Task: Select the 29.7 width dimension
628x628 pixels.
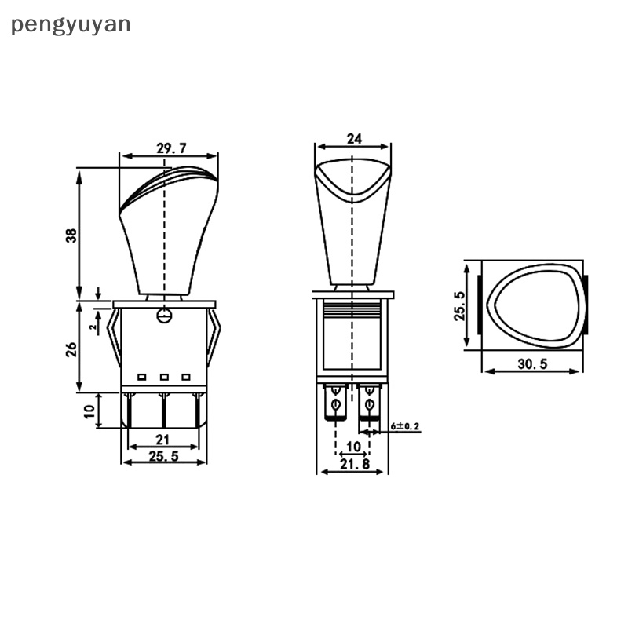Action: (x=165, y=148)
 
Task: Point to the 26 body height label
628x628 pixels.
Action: (x=70, y=347)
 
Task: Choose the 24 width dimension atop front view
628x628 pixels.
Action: (x=353, y=139)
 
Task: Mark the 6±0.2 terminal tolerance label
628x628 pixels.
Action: (x=406, y=426)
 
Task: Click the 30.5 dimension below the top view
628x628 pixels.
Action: (x=533, y=363)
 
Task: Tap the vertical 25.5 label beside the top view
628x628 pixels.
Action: (x=460, y=305)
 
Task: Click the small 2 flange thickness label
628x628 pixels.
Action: (x=93, y=323)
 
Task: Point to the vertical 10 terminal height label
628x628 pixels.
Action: (x=89, y=410)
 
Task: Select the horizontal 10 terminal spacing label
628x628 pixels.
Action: (x=353, y=447)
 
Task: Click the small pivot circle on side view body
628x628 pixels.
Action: (x=164, y=316)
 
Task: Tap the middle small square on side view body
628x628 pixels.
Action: (x=164, y=378)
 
